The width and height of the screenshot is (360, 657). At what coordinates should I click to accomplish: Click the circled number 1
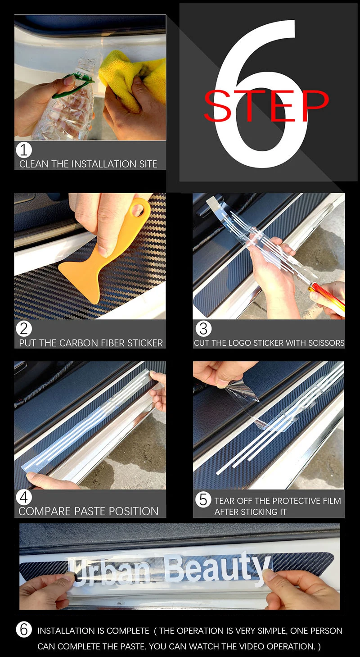[x=24, y=150]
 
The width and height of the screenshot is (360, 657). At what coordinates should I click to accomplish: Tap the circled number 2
[x=24, y=329]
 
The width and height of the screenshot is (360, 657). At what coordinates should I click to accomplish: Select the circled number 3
[x=203, y=329]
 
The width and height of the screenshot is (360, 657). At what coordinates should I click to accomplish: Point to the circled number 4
[x=24, y=497]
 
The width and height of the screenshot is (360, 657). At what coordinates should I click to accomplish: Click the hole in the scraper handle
[x=137, y=209]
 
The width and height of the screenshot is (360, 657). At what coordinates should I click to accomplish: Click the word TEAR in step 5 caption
[x=223, y=501]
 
